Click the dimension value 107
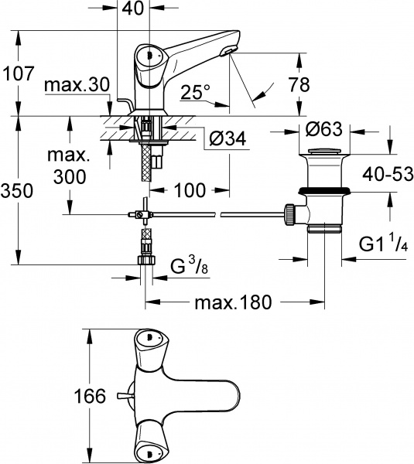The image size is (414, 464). point(18,74)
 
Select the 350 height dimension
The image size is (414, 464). point(18,188)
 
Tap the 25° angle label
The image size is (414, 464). point(195,93)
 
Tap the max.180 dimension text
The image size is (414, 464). point(235,302)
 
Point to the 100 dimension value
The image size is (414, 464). point(189,188)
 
